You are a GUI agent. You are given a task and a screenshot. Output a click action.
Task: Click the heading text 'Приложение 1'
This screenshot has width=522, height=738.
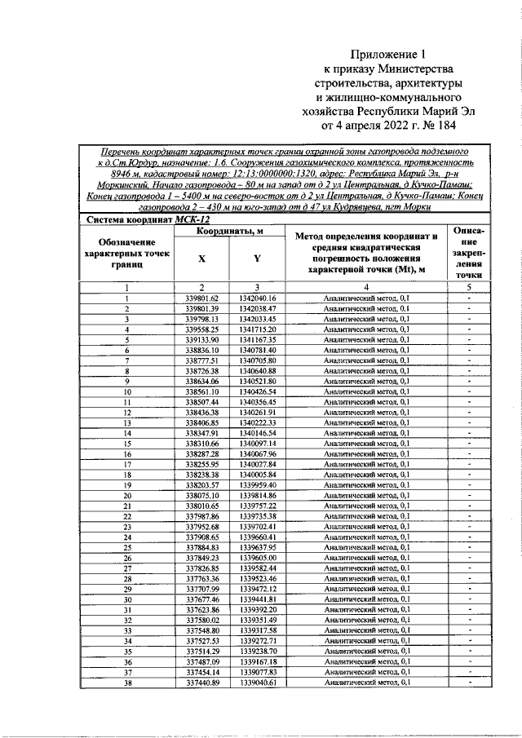(383, 54)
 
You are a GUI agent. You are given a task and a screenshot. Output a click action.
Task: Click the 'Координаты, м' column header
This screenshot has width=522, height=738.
(229, 232)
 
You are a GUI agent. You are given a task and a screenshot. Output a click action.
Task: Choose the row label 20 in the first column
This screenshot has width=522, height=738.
(127, 495)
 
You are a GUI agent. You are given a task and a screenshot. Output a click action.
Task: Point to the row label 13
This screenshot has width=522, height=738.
(127, 422)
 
